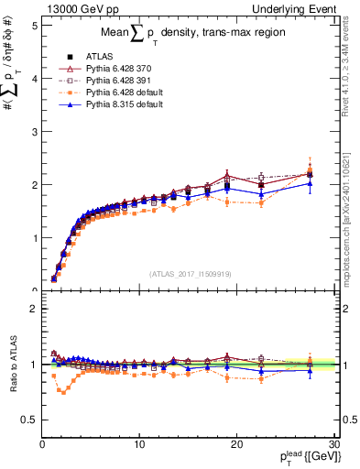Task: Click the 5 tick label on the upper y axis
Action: click(x=32, y=26)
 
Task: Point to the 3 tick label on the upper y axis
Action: click(x=32, y=132)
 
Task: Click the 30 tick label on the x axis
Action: click(x=333, y=444)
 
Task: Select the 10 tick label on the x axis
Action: click(x=139, y=444)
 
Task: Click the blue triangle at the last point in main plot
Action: click(x=310, y=183)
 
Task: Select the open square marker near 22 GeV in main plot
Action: click(x=261, y=178)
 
